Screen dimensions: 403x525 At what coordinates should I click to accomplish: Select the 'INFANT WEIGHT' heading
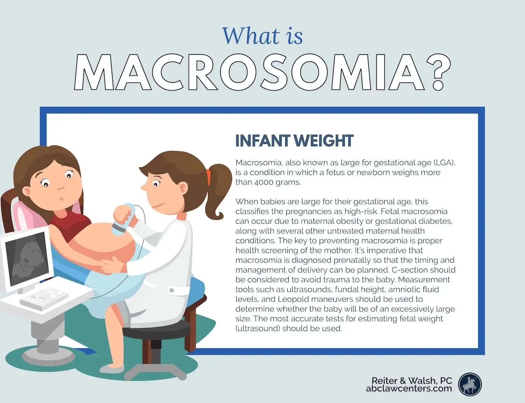[294, 141]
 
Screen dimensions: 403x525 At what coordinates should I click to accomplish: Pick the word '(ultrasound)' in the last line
[258, 329]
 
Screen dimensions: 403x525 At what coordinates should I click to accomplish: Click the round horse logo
[470, 384]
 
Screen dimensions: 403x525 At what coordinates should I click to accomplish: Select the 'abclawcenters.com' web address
[409, 389]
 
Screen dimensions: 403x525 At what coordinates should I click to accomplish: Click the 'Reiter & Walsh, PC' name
[412, 380]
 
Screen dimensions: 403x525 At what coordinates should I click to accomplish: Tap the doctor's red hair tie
[209, 177]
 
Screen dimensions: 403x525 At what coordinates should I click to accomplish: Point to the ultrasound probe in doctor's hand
[124, 220]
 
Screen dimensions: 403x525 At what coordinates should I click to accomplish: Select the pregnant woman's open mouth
[61, 199]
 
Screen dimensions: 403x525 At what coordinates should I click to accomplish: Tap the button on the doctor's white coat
[171, 290]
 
